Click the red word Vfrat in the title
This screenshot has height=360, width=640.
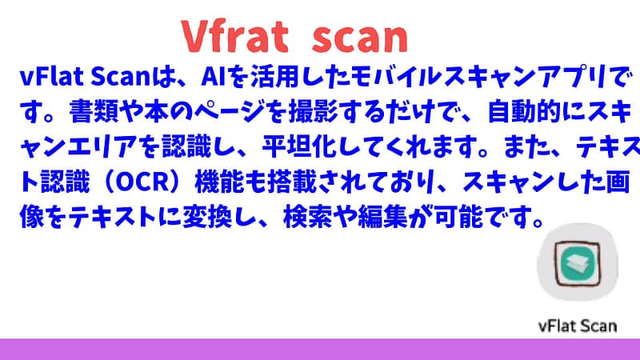pos(234,36)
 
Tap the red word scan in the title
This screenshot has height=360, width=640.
pos(360,38)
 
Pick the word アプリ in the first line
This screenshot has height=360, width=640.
pos(574,77)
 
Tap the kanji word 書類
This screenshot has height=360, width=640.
pos(94,111)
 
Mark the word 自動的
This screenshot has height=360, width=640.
pos(525,111)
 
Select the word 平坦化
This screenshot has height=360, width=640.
pos(298,146)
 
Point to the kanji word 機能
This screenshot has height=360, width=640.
pos(219,182)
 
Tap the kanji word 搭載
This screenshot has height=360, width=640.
pos(292,182)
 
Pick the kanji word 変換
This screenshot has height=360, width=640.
pos(207,217)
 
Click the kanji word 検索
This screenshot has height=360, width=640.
pos(307,217)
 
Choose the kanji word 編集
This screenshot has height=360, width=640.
pos(383,217)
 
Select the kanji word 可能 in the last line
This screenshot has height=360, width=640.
pos(458,217)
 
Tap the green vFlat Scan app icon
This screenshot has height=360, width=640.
pos(577,263)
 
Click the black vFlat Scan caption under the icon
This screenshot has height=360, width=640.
pos(577,326)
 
